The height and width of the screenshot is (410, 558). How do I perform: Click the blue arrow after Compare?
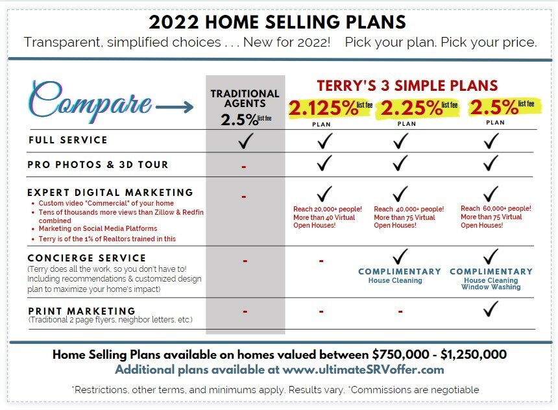pyautogui.click(x=175, y=106)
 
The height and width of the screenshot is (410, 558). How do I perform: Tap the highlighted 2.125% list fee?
pyautogui.click(x=330, y=108)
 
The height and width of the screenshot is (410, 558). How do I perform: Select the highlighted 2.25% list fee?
pyautogui.click(x=419, y=108)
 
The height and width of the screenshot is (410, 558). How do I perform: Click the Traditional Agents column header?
pyautogui.click(x=245, y=99)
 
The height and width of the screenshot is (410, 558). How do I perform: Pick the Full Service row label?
pyautogui.click(x=68, y=140)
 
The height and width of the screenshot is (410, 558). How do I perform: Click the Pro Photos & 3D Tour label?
pyautogui.click(x=98, y=165)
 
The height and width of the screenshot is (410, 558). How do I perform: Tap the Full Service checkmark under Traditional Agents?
pyautogui.click(x=246, y=141)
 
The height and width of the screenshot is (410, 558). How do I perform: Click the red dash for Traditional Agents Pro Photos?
pyautogui.click(x=244, y=167)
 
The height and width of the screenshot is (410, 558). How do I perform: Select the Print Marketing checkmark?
pyautogui.click(x=491, y=309)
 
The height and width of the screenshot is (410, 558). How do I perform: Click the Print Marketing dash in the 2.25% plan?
pyautogui.click(x=400, y=312)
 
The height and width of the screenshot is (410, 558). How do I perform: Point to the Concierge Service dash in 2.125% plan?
pyautogui.click(x=321, y=261)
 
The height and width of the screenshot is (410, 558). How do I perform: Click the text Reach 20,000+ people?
pyautogui.click(x=328, y=210)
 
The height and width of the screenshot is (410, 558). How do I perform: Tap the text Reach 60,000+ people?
pyautogui.click(x=496, y=208)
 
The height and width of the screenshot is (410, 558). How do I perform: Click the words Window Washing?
pyautogui.click(x=491, y=287)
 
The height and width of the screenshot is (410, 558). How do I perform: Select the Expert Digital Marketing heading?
pyautogui.click(x=110, y=193)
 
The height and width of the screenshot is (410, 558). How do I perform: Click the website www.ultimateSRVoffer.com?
pyautogui.click(x=363, y=369)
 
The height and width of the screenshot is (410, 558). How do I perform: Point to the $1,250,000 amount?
pyautogui.click(x=474, y=354)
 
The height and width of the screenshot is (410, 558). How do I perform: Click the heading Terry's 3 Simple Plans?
pyautogui.click(x=407, y=86)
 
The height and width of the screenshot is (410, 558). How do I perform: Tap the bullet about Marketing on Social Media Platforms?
pyautogui.click(x=98, y=228)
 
